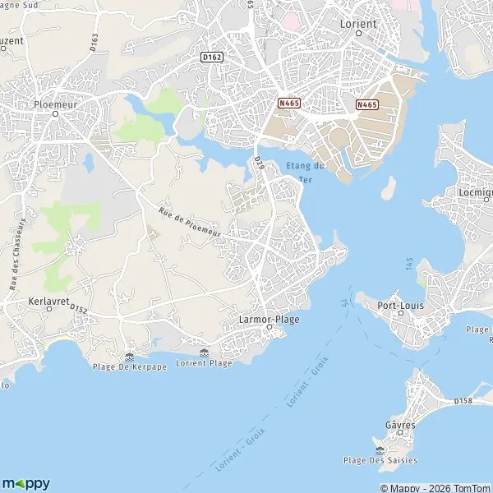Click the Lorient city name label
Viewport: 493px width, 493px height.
coord(358,24)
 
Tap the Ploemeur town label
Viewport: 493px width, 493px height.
coord(55,104)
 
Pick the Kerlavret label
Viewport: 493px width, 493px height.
coord(46,301)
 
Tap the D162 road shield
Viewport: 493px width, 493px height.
coord(212,55)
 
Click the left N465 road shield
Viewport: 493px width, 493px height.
coord(288,104)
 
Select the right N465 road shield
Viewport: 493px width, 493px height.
coord(367,104)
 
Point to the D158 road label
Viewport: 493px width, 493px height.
coord(464,401)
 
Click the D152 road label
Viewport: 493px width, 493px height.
coord(79,309)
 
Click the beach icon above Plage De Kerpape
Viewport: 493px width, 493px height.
coord(129,356)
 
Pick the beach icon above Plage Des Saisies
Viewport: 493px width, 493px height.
coord(380,449)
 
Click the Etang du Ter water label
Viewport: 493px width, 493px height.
coord(306,173)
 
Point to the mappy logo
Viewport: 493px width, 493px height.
coord(25,483)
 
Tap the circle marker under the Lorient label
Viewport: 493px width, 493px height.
coord(359,35)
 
